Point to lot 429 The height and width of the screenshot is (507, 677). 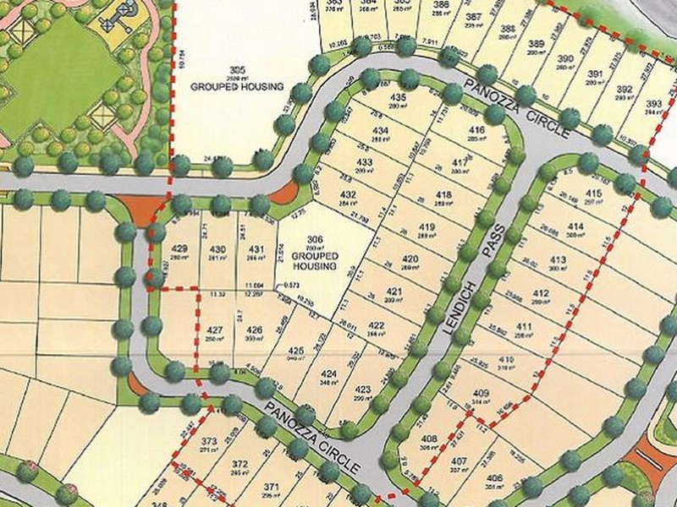click(x=179, y=248)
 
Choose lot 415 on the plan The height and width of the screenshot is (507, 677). click(x=592, y=194)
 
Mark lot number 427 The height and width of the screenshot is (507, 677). click(x=215, y=330)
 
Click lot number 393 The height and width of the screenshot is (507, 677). click(x=652, y=104)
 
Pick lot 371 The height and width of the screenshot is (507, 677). click(x=271, y=487)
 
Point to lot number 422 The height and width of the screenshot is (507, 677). click(x=377, y=326)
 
